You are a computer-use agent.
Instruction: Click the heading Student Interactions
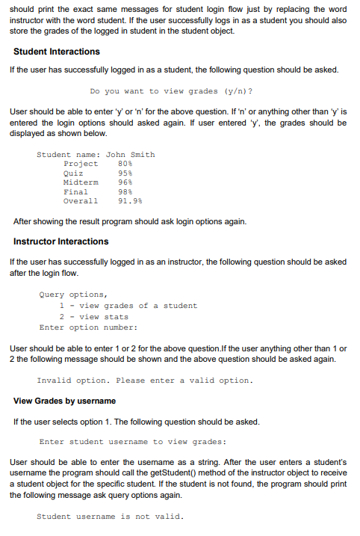(x=57, y=52)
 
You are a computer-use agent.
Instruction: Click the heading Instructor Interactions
(x=61, y=241)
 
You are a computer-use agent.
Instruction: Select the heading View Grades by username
(x=65, y=401)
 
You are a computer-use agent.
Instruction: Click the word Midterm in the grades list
(x=81, y=182)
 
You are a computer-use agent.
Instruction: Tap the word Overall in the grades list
(x=81, y=201)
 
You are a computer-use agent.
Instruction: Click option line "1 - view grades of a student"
(x=128, y=305)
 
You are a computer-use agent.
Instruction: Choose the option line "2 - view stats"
(x=94, y=316)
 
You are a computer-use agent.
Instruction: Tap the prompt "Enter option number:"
(x=88, y=327)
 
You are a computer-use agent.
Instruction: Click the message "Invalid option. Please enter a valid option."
(x=145, y=381)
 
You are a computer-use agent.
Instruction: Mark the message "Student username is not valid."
(x=110, y=517)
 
